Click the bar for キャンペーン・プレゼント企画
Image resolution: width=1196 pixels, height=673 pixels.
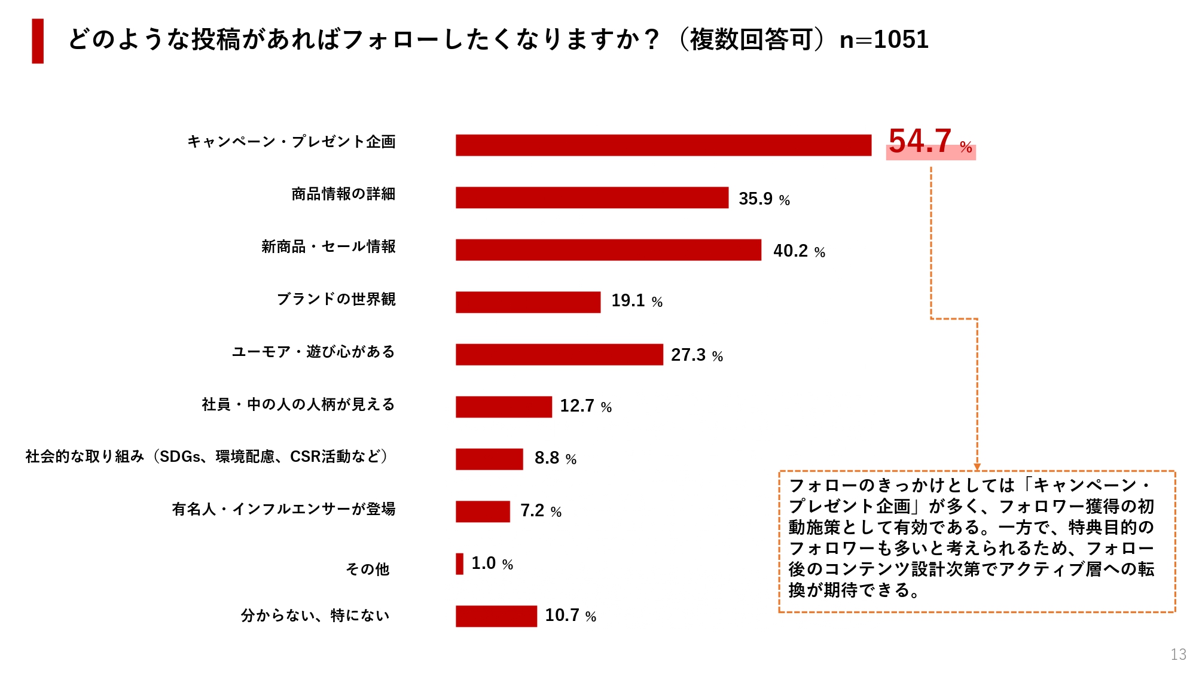point(663,145)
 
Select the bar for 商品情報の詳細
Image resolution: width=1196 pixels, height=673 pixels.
point(592,197)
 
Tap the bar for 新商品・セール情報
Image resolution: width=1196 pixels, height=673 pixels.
point(608,250)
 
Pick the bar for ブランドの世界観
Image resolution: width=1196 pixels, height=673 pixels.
point(528,302)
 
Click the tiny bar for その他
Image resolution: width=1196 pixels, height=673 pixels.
point(459,564)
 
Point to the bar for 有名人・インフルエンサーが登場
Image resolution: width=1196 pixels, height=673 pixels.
point(483,511)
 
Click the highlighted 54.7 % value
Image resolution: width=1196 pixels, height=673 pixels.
point(930,143)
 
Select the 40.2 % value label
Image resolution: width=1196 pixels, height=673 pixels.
point(799,251)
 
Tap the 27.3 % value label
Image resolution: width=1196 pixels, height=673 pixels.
point(697,355)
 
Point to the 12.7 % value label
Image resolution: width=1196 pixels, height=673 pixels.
point(585,406)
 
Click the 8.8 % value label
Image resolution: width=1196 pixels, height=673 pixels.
point(555,458)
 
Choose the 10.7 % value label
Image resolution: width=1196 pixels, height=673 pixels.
point(570,616)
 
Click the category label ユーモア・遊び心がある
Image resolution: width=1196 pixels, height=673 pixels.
point(313,352)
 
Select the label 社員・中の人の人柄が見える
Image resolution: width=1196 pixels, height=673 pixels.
point(298,404)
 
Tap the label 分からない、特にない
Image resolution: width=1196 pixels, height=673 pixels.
point(315,616)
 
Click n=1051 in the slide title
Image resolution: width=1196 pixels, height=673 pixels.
point(884,40)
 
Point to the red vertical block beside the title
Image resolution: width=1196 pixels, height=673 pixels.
point(38,41)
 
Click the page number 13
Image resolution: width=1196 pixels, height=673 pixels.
point(1178,654)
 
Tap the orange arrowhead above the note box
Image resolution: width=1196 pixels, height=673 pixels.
point(977,467)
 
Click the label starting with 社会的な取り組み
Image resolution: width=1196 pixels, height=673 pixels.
point(207,456)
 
